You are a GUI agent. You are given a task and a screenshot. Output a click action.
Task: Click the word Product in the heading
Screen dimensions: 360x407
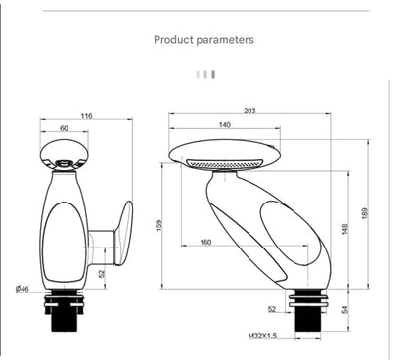click(175, 40)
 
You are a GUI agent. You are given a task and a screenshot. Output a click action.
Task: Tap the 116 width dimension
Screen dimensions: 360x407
click(86, 116)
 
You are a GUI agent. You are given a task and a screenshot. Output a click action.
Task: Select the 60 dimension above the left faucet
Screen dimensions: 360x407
click(64, 127)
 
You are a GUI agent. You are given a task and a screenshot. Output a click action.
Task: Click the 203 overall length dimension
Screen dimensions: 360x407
click(249, 111)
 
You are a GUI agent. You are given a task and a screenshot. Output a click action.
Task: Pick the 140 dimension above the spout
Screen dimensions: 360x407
click(224, 125)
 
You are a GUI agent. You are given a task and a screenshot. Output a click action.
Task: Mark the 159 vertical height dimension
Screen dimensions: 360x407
click(158, 226)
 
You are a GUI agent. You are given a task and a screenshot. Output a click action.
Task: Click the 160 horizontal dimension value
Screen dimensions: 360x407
click(205, 242)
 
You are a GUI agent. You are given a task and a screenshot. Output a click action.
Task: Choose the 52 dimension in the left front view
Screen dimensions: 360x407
click(102, 273)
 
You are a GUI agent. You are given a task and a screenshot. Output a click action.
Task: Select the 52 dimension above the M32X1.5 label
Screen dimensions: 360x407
click(271, 309)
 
